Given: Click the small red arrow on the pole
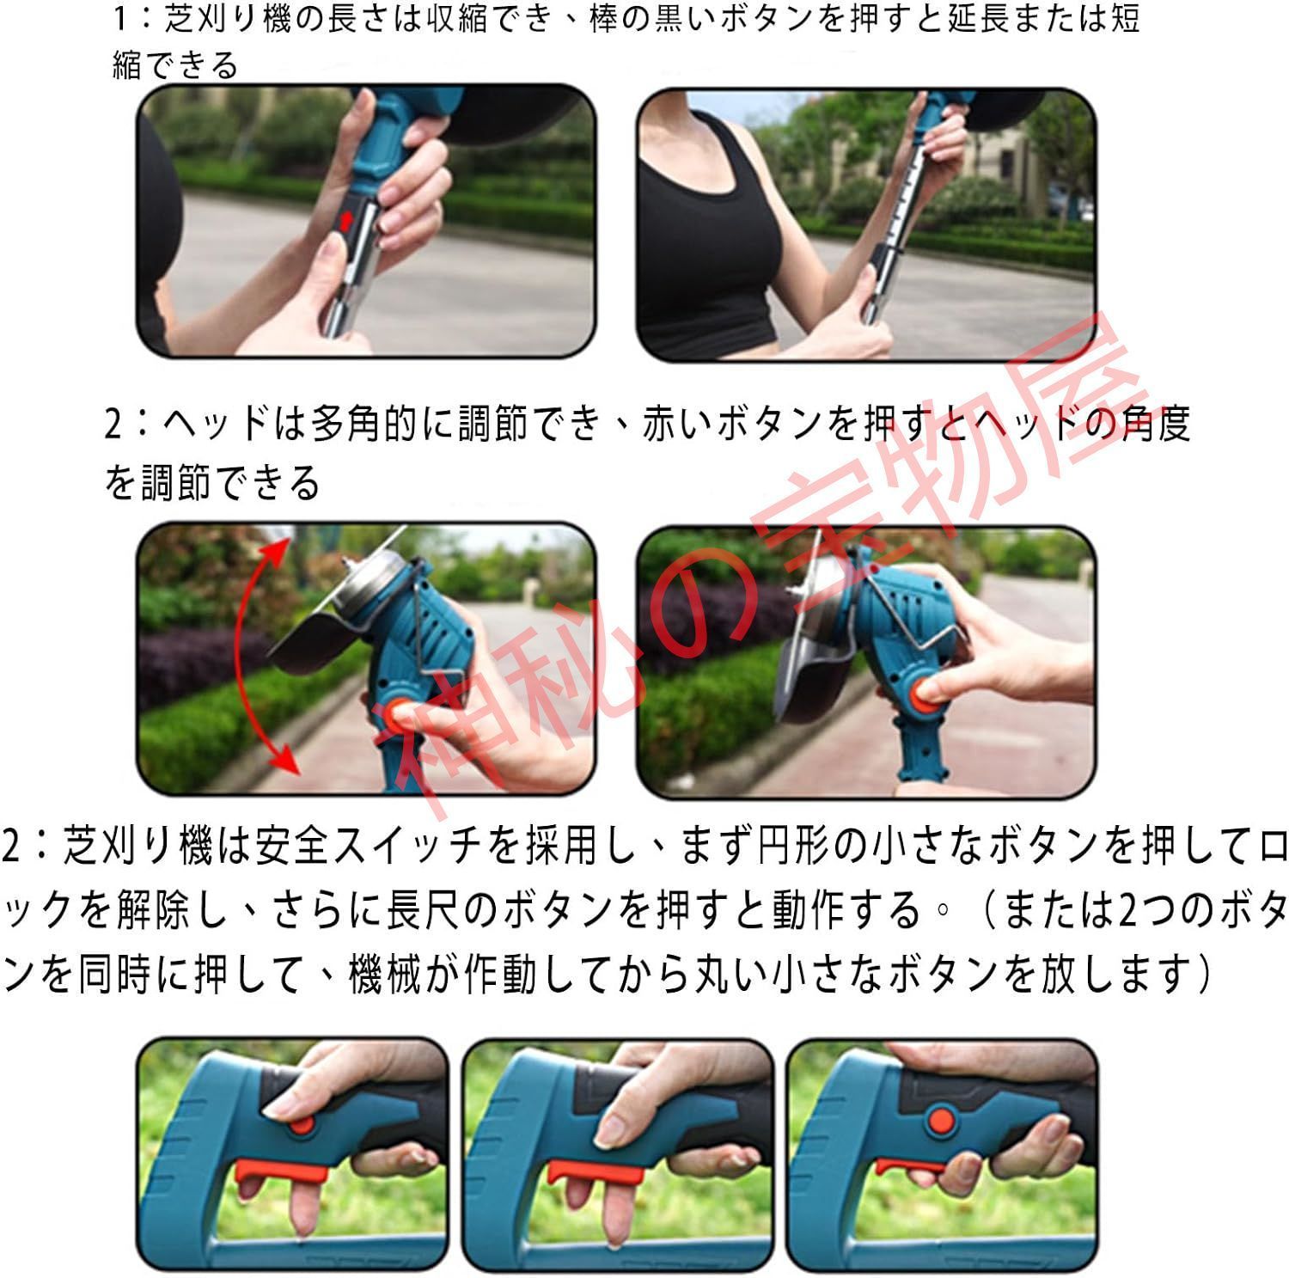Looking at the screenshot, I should point(345,222).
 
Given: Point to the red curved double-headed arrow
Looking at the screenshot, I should point(249,653).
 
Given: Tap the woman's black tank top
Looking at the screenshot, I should point(704,241).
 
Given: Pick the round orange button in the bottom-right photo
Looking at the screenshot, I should point(940,1119).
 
